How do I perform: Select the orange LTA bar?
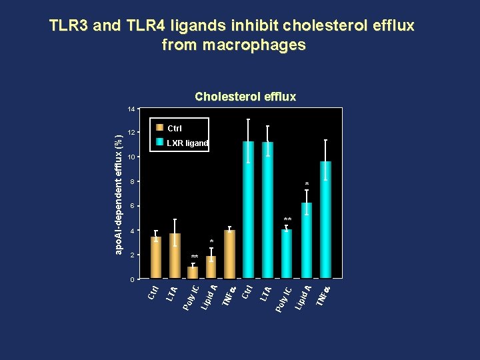[175, 256]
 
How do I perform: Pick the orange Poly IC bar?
[193, 272]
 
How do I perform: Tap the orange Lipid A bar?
[211, 267]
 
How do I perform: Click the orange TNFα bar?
[229, 254]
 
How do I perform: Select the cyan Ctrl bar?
[248, 209]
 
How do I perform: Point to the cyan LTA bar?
[267, 210]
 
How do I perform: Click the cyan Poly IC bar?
[287, 253]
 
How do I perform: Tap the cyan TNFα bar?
[325, 219]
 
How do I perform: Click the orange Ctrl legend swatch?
[159, 127]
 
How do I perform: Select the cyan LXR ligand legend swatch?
[159, 142]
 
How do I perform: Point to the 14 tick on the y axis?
[131, 109]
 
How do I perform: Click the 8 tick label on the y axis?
[132, 182]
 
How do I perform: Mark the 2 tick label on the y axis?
[132, 255]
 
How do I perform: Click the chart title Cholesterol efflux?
[245, 97]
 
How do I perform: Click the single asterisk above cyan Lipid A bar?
[307, 184]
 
